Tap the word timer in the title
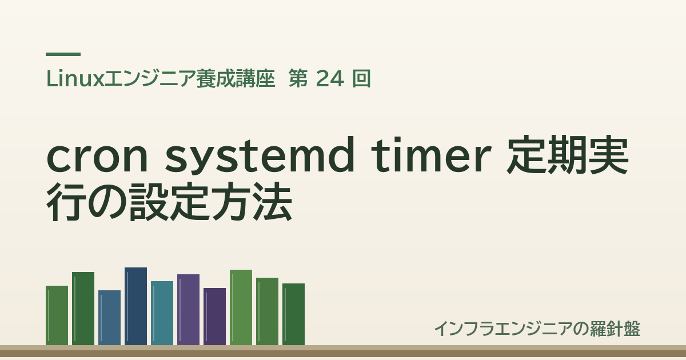pyautogui.click(x=432, y=155)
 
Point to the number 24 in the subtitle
pyautogui.click(x=329, y=79)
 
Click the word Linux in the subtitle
pyautogui.click(x=75, y=79)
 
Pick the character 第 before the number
pyautogui.click(x=298, y=79)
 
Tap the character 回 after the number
pyautogui.click(x=362, y=79)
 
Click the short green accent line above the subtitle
pyautogui.click(x=63, y=54)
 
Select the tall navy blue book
pyautogui.click(x=135, y=306)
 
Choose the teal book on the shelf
pyautogui.click(x=162, y=313)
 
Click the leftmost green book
pyautogui.click(x=57, y=315)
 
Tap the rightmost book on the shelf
pyautogui.click(x=293, y=314)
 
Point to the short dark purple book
pyautogui.click(x=215, y=317)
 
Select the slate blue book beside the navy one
pyautogui.click(x=109, y=318)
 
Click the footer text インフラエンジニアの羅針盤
pyautogui.click(x=537, y=329)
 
